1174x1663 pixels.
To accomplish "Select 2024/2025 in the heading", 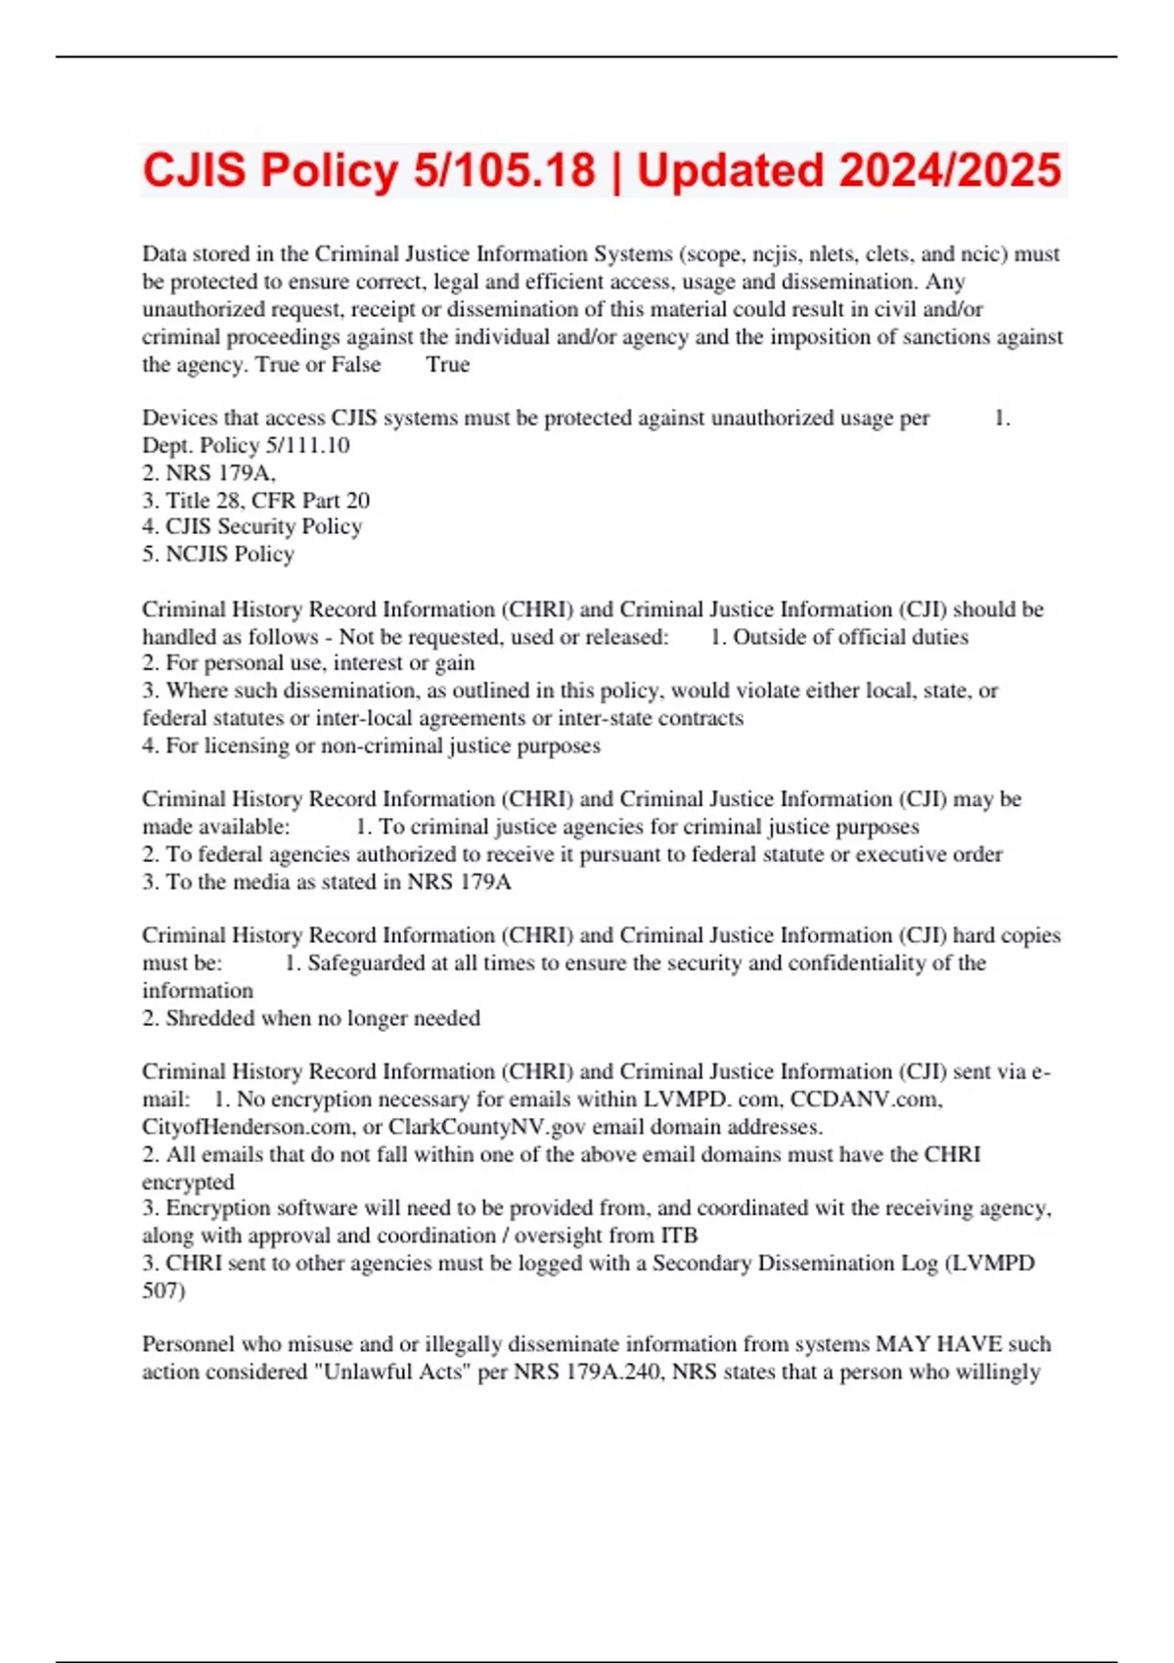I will pos(950,170).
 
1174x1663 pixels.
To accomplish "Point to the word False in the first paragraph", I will pos(356,365).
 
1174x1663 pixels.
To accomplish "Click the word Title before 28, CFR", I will pos(188,501).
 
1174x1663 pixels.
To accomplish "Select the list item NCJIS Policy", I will pos(229,555).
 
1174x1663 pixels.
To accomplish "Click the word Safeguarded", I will pos(365,964).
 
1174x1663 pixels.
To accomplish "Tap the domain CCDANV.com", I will pos(865,1100).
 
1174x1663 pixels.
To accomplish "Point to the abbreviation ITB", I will pos(679,1236).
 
